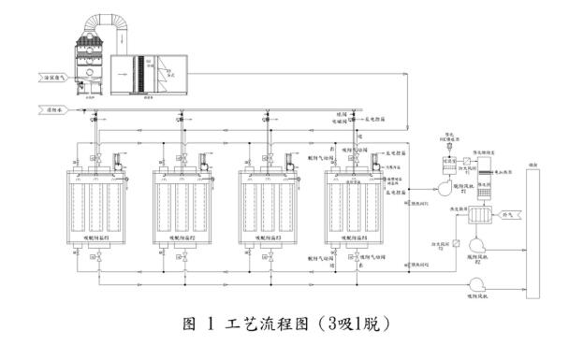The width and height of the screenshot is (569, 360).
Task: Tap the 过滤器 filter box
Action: (x=436, y=164)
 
